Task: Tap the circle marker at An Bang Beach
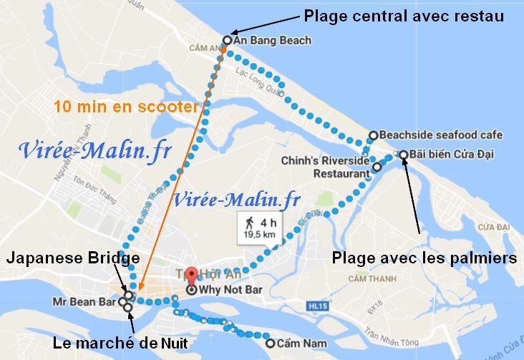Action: point(227,41)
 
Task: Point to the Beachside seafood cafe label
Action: point(441,135)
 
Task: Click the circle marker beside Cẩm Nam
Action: point(270,343)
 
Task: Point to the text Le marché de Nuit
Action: point(120,344)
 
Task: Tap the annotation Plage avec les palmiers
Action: point(425,256)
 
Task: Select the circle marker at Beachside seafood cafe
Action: point(373,135)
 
